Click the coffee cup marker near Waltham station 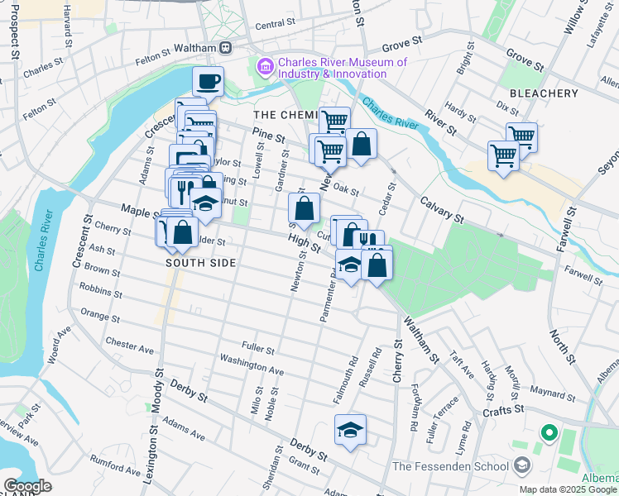point(209,82)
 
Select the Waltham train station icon point(225,48)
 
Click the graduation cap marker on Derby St point(350,430)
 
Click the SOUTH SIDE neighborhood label point(201,263)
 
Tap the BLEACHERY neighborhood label point(544,93)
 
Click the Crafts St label point(504,408)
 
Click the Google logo point(27,486)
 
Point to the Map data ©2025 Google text point(568,489)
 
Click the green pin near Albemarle point(547,432)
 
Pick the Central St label point(275,26)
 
